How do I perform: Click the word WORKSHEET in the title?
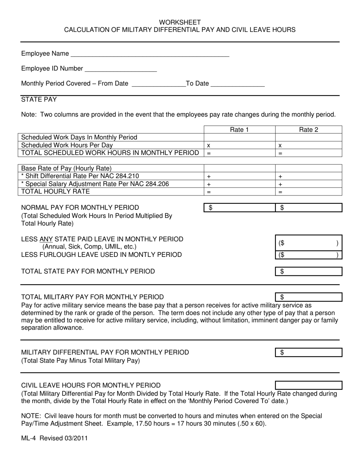180,22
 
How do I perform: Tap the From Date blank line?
158,84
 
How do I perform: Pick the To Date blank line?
237,84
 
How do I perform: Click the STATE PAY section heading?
39,100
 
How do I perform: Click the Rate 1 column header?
239,130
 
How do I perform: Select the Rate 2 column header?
308,130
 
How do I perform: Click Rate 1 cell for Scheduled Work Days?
239,137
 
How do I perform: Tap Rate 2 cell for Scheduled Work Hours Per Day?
308,145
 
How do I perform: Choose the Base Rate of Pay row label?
66,168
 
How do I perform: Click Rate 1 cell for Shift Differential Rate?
239,176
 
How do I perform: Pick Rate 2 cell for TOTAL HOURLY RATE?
308,192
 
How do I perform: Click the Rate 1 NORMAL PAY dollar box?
239,208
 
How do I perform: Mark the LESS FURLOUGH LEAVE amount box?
308,255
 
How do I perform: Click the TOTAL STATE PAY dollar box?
308,271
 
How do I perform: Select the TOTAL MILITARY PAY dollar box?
308,297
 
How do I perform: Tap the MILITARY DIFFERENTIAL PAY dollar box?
308,353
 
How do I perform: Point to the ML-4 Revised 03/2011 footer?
55,438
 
